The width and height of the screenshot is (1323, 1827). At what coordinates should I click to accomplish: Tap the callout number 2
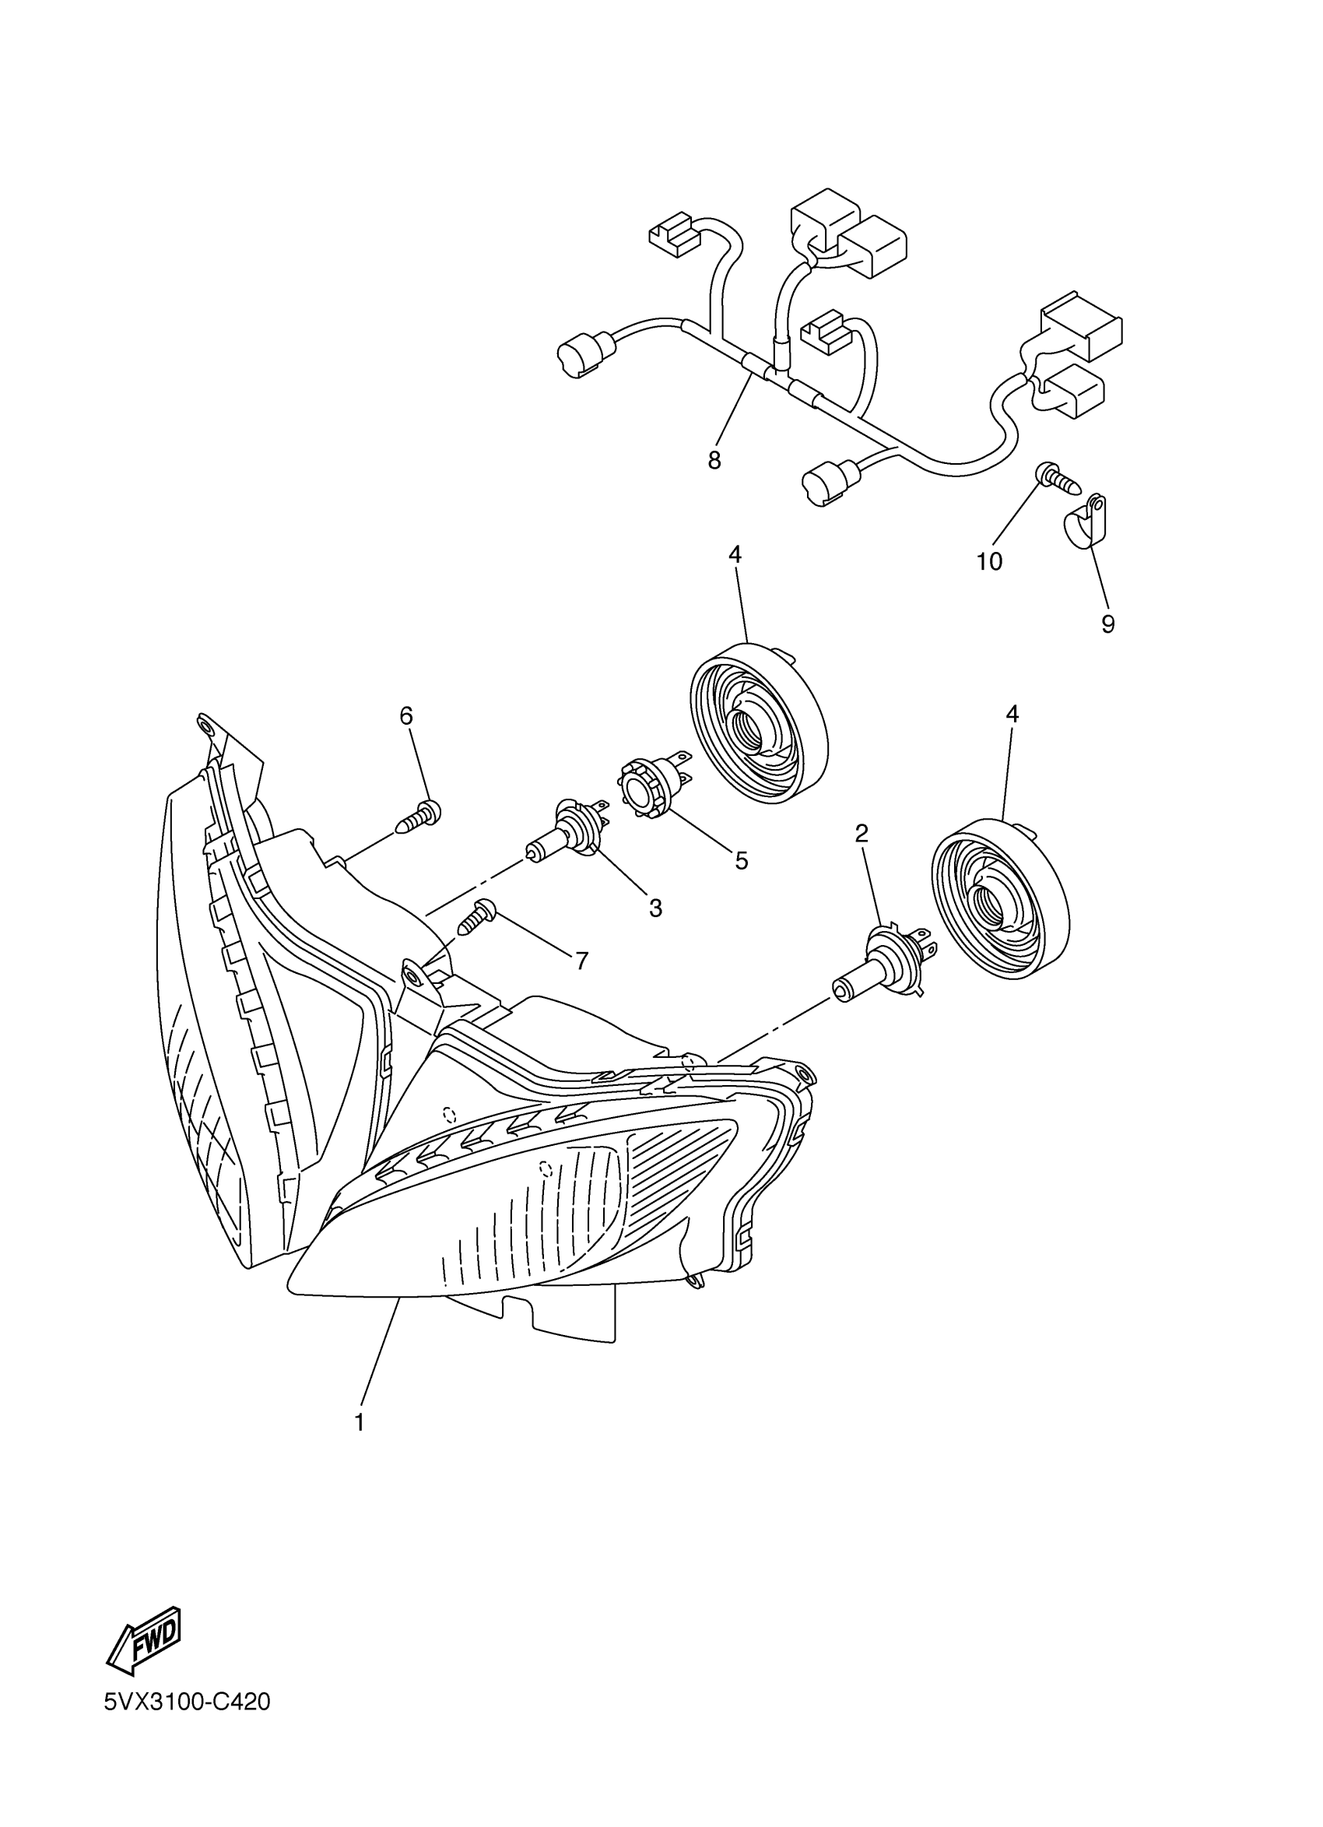862,833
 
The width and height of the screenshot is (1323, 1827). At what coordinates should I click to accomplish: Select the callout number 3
655,908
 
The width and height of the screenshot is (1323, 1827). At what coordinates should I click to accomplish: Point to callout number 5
741,860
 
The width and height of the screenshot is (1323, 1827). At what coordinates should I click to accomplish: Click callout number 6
405,715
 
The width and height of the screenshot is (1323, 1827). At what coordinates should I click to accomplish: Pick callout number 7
581,961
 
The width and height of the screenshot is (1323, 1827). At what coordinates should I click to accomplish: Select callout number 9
1108,624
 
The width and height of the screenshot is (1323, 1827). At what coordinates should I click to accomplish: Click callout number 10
989,561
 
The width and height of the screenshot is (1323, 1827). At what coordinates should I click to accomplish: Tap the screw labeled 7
477,917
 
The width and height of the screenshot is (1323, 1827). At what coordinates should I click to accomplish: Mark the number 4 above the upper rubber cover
735,555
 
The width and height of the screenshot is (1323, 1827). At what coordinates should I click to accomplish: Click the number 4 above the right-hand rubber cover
1012,714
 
